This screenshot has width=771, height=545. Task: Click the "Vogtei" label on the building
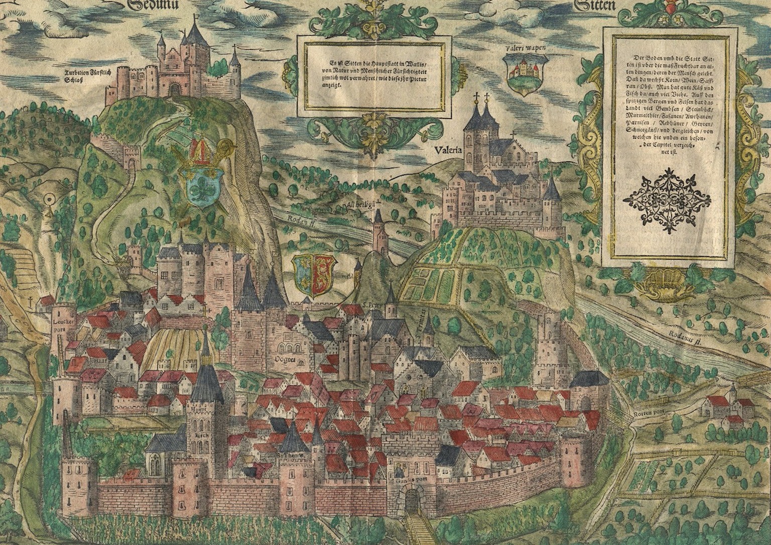click(285, 359)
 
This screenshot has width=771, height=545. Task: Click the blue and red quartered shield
click(313, 274)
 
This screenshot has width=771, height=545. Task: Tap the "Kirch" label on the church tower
click(202, 434)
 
